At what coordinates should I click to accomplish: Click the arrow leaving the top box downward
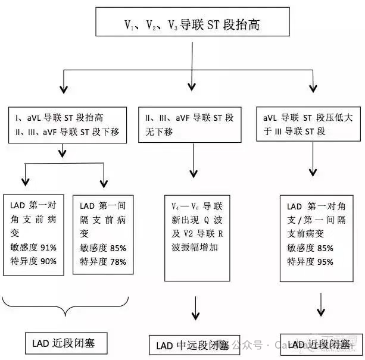192,57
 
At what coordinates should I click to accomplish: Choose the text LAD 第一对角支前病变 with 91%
33,218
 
